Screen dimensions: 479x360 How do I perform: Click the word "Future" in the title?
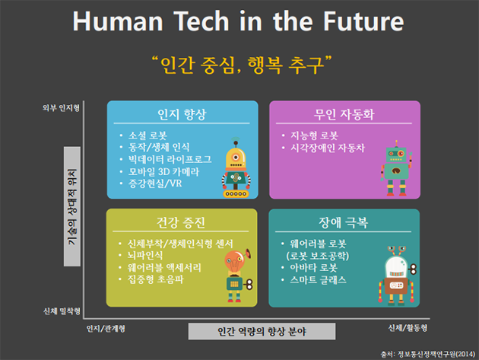tap(363, 21)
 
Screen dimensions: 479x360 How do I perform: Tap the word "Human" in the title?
tap(118, 21)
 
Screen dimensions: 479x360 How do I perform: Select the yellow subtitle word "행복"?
tap(265, 65)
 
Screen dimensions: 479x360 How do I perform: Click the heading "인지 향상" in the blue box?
tap(182, 114)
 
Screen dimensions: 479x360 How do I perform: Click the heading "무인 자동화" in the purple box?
tap(344, 114)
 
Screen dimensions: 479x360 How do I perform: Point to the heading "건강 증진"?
tap(181, 222)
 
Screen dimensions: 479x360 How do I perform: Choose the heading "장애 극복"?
tap(343, 222)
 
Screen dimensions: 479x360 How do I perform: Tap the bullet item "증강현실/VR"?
tap(155, 183)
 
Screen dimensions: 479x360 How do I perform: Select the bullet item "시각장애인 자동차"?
tap(328, 148)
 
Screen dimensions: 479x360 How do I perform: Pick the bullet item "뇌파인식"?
tap(145, 256)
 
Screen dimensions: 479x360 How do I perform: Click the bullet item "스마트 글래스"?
tap(318, 279)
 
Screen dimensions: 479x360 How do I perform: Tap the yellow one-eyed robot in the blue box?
tap(236, 167)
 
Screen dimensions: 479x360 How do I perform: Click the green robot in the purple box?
tap(396, 168)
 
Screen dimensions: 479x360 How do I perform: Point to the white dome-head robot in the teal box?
tap(396, 276)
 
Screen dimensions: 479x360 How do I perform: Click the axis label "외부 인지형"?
tap(61, 108)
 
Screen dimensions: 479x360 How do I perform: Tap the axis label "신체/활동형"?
tap(408, 328)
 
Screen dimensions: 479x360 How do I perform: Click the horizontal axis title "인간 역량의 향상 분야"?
tap(262, 331)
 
